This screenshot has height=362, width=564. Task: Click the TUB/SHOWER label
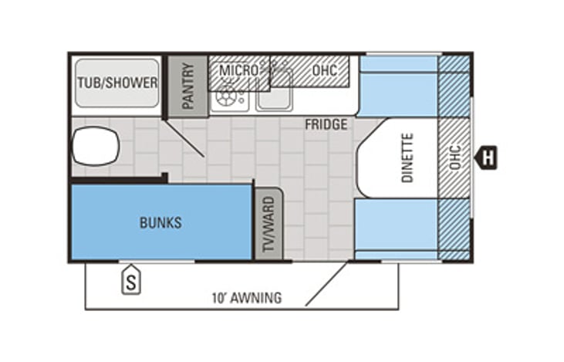[x=117, y=83]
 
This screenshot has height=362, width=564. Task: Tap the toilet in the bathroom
[x=96, y=146]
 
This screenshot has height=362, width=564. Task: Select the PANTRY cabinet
[x=188, y=86]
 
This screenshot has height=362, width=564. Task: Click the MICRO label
[x=238, y=70]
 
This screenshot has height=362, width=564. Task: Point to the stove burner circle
[x=225, y=96]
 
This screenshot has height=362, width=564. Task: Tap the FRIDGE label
[x=326, y=124]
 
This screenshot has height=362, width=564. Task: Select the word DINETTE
[x=407, y=157]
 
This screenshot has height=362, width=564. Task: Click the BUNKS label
[x=160, y=223]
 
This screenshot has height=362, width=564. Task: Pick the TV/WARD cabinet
[x=268, y=224]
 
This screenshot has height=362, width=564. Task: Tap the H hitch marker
[x=486, y=157]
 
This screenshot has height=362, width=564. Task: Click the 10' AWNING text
[x=247, y=298]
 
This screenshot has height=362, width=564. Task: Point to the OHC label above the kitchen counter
[x=325, y=70]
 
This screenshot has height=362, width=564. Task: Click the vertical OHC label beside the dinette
[x=455, y=157]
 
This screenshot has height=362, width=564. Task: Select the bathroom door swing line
[x=184, y=137]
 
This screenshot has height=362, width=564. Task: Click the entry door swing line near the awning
[x=327, y=284]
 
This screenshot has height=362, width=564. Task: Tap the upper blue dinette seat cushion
[x=399, y=86]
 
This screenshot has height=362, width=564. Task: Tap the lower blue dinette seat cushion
[x=397, y=229]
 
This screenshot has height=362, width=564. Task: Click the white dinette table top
[x=397, y=158]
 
